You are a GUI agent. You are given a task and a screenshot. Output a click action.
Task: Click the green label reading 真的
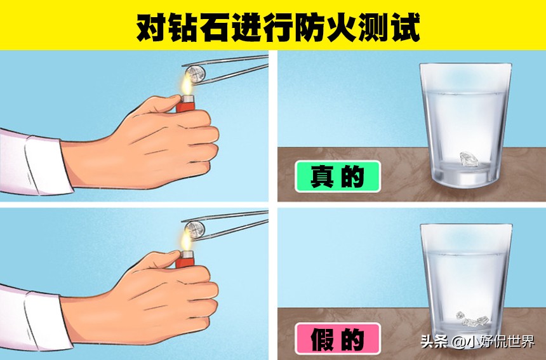pyautogui.click(x=337, y=177)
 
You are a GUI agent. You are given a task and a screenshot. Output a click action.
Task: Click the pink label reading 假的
pyautogui.click(x=337, y=338)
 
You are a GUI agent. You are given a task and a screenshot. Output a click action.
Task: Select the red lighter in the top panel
pyautogui.click(x=185, y=103)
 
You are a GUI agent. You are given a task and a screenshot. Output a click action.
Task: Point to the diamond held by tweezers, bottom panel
pyautogui.click(x=194, y=229)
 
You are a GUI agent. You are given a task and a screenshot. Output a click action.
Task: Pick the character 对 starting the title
pyautogui.click(x=150, y=26)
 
